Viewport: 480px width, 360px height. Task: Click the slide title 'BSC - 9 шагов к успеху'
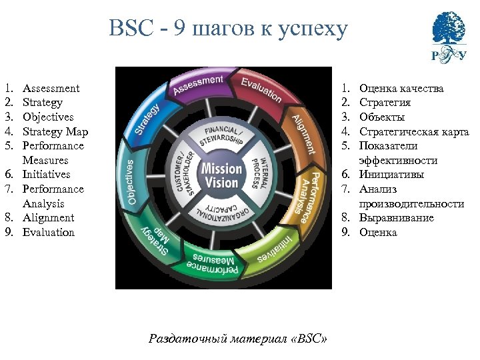click(x=228, y=29)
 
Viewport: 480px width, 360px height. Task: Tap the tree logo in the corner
click(x=448, y=35)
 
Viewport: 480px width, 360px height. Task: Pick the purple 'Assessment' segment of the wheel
click(x=198, y=85)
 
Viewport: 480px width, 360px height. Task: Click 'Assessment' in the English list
click(x=51, y=88)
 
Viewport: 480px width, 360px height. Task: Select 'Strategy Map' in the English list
click(x=55, y=131)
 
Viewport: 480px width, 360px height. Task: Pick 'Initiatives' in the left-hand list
click(x=46, y=175)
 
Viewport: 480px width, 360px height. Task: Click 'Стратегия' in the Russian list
click(x=385, y=103)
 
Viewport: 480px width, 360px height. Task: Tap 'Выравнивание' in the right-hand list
click(x=396, y=218)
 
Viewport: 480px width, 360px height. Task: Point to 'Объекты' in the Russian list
click(x=381, y=117)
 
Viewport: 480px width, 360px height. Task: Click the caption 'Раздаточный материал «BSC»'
click(x=238, y=338)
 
